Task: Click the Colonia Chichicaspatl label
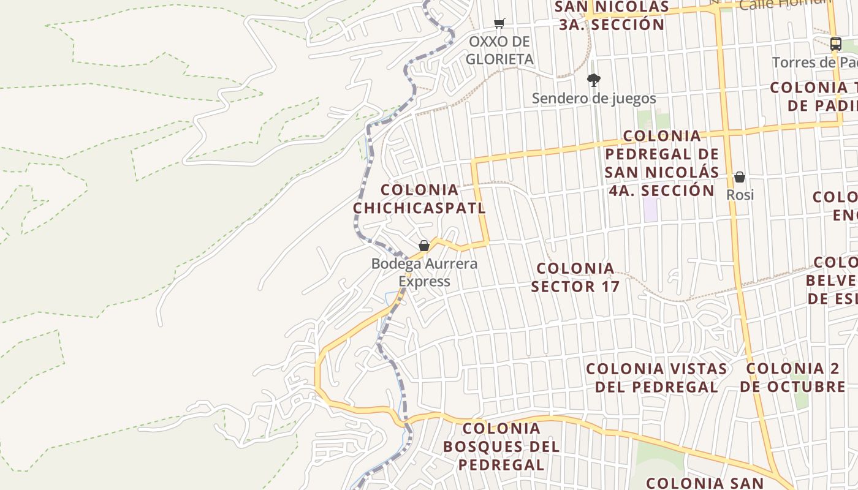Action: pos(419,199)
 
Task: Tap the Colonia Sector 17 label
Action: pos(575,277)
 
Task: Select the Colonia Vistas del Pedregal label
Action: pos(656,378)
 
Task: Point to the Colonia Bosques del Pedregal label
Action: pos(501,447)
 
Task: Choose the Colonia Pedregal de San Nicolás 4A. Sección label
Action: pos(661,163)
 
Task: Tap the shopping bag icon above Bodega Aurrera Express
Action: pos(423,246)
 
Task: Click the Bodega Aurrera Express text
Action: pos(424,273)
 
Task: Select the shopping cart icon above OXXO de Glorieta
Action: pos(499,24)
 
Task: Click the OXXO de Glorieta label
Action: pos(499,50)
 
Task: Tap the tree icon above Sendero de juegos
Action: pos(593,80)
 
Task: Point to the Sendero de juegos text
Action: pos(593,98)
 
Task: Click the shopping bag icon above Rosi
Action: pos(740,178)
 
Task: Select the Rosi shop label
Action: pos(740,195)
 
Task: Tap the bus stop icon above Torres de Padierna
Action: pos(835,43)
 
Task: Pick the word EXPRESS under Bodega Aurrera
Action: pos(424,282)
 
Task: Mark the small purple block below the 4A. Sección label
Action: pos(650,209)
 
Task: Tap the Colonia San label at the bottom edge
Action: pos(705,483)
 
